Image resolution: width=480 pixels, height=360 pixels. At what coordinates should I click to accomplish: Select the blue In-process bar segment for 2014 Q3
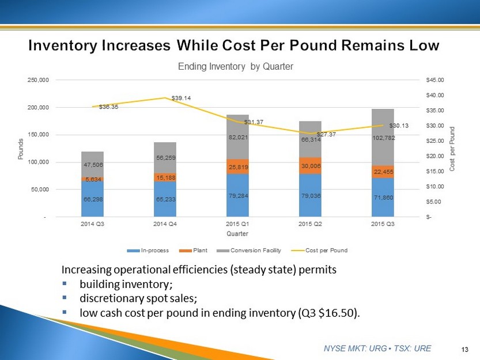pos(93,199)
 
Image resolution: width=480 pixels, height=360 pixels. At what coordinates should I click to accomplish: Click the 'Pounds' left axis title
pos(21,149)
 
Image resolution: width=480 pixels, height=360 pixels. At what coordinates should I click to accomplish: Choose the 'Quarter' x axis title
pos(237,234)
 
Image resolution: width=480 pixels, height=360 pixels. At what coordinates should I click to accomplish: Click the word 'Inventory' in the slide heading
pos(63,45)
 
